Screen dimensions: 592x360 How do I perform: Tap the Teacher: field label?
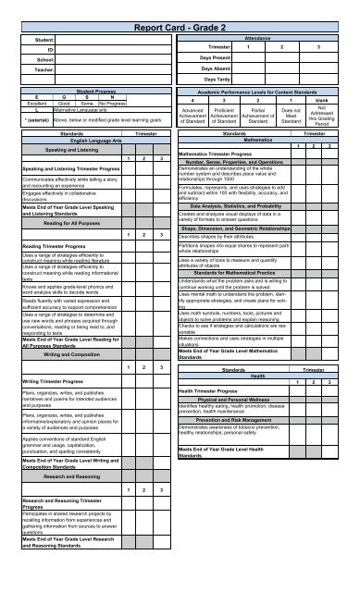pyautogui.click(x=42, y=68)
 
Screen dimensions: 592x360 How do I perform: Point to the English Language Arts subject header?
pyautogui.click(x=74, y=140)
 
